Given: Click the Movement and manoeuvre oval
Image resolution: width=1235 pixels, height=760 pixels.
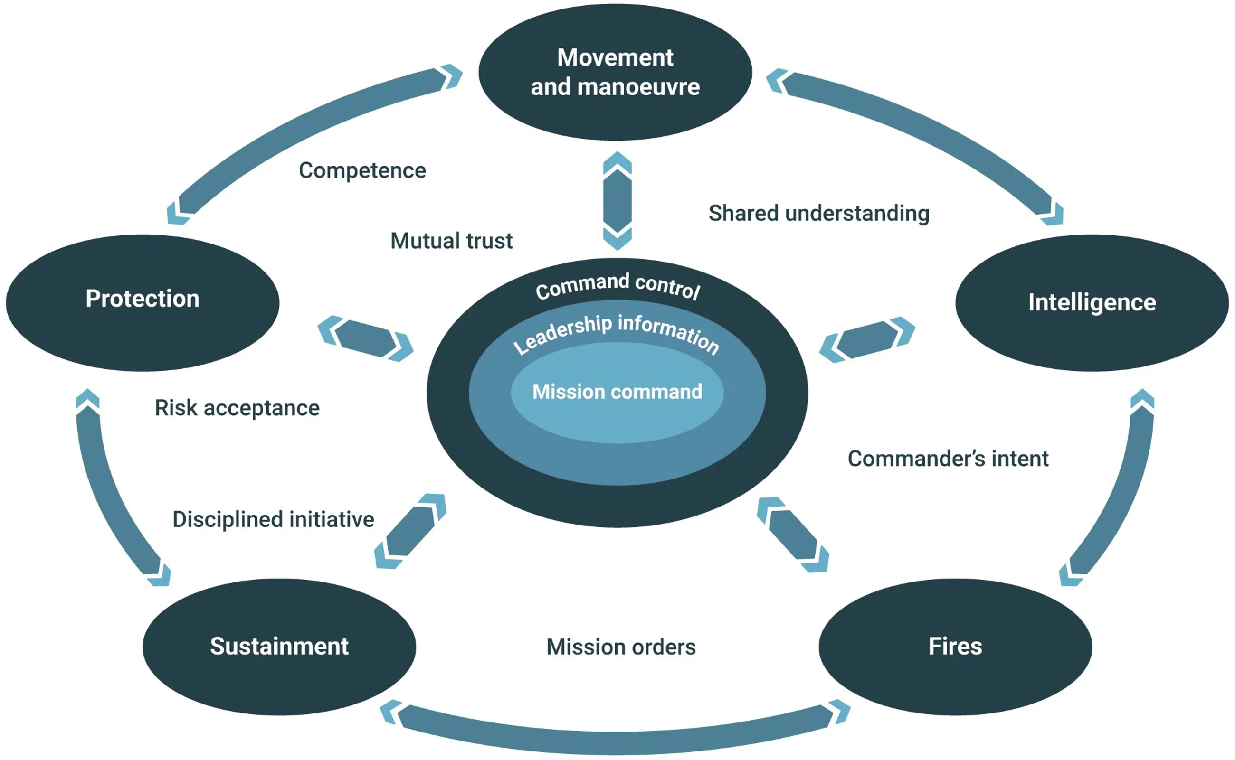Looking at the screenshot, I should tap(615, 72).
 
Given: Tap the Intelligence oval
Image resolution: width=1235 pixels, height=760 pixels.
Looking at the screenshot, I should tap(1092, 302).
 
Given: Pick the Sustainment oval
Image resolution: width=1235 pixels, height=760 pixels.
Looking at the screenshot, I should tap(279, 647).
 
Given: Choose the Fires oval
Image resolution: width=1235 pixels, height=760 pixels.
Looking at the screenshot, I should tap(955, 647).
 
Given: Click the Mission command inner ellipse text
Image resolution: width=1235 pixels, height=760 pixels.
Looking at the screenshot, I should tap(617, 392).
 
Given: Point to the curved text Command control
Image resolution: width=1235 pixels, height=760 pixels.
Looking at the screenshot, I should tap(617, 285).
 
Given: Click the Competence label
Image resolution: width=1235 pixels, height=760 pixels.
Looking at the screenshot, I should tap(362, 170).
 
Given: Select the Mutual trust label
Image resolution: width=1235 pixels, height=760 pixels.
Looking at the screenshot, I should tap(451, 241).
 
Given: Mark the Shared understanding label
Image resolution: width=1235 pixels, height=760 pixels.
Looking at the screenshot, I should tap(818, 213).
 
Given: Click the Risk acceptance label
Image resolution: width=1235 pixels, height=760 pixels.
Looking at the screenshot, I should tap(237, 408).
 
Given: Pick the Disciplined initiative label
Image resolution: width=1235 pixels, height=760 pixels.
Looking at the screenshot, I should tap(273, 519).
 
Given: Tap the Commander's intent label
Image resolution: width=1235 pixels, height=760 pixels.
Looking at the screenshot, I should tap(948, 459).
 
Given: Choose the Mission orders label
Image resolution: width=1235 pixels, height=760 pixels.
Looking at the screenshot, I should tap(621, 647).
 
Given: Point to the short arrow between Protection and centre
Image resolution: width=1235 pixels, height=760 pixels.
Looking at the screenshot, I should tap(366, 339).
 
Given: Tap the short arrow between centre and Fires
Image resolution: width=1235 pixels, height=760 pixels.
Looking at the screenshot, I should tap(793, 535).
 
